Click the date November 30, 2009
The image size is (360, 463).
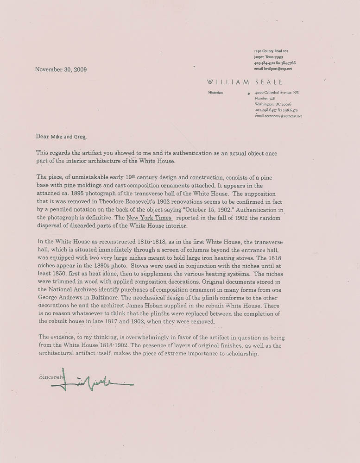[x=61, y=69]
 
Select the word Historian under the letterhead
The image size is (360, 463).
[x=215, y=93]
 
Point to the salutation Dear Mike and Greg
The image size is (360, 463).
[x=61, y=136]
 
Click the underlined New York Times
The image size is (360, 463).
[x=146, y=218]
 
